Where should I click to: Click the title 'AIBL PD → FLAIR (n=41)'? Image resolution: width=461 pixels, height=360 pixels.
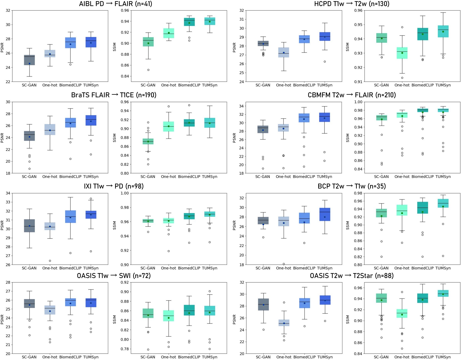coord(115,4)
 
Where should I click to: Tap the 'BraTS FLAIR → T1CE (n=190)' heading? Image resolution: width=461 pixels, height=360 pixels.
coord(114,95)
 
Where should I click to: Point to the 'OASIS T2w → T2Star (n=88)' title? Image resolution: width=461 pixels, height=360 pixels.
coord(352,276)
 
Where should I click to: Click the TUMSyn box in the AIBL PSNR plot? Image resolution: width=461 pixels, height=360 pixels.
coord(91,42)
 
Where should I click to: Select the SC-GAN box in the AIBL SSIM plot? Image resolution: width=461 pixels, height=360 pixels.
coord(148,42)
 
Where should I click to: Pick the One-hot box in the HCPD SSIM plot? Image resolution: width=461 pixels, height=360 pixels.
coord(402,53)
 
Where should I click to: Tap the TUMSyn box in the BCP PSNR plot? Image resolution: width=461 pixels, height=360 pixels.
coord(325,214)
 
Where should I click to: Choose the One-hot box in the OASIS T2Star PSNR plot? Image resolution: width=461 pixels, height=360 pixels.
coord(284,323)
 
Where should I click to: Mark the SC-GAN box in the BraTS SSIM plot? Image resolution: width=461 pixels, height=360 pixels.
coord(148,141)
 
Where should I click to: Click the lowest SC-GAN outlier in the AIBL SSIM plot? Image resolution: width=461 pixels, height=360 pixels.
coord(148,70)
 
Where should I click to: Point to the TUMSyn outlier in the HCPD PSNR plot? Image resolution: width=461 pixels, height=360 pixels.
coord(325,61)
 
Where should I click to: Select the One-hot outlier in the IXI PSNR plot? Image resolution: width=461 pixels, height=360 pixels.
coord(50,261)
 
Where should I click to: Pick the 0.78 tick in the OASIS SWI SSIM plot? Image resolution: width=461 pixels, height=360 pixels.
coord(125,349)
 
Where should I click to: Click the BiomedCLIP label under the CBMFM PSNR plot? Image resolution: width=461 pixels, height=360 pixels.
coord(304,177)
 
